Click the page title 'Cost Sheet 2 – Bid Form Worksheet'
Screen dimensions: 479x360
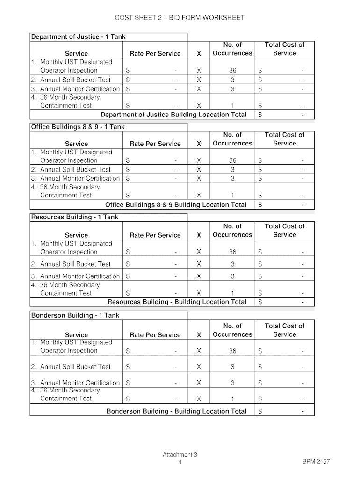[180, 18]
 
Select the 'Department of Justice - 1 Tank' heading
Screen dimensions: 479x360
[78, 36]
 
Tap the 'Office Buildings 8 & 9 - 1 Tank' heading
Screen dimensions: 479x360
[78, 127]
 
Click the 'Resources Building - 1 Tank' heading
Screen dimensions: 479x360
[74, 217]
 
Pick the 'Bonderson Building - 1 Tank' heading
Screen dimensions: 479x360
[75, 315]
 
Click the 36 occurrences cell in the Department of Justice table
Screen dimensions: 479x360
[232, 71]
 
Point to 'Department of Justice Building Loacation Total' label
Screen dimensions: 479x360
[173, 115]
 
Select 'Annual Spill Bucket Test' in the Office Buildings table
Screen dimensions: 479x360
[75, 169]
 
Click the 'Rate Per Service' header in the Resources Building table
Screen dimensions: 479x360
[155, 235]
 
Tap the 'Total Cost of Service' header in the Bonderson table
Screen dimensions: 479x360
[284, 330]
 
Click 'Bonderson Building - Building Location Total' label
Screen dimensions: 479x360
[176, 411]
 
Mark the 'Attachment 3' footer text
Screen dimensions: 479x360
[180, 454]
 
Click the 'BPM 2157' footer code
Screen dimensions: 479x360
[316, 462]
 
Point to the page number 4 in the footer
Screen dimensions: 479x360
[180, 462]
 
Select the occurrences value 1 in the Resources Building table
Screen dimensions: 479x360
[232, 293]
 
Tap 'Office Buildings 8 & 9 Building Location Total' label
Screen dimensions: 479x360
[176, 204]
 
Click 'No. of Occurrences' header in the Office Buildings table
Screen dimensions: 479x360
[232, 139]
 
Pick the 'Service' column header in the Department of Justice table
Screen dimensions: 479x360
[76, 53]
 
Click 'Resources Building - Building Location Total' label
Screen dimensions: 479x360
[177, 302]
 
